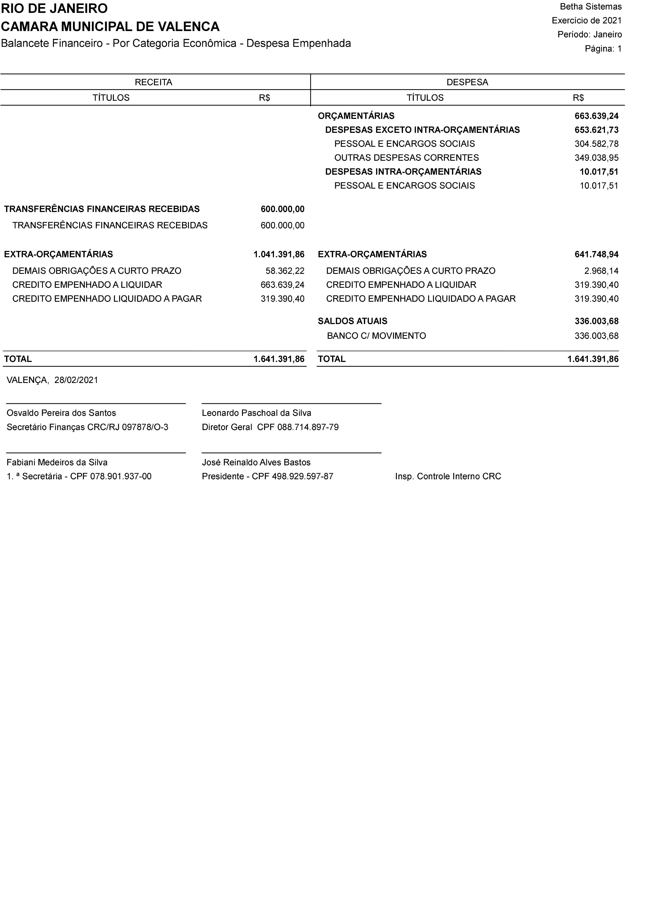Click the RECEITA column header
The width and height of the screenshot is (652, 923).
(x=154, y=82)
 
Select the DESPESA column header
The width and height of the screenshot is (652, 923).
(x=467, y=82)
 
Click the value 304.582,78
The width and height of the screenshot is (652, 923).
(x=596, y=144)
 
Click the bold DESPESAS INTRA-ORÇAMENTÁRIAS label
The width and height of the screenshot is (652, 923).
(x=403, y=172)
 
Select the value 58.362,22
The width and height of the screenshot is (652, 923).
(x=285, y=271)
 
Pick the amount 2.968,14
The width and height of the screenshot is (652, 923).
(x=601, y=271)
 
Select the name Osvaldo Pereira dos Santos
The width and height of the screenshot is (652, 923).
(x=62, y=413)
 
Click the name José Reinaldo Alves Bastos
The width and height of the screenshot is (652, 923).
(x=256, y=463)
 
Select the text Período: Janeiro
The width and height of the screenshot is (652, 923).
(x=589, y=34)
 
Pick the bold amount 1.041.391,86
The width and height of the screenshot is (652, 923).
(x=279, y=254)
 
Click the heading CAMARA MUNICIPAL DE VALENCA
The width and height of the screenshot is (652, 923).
(x=110, y=27)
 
